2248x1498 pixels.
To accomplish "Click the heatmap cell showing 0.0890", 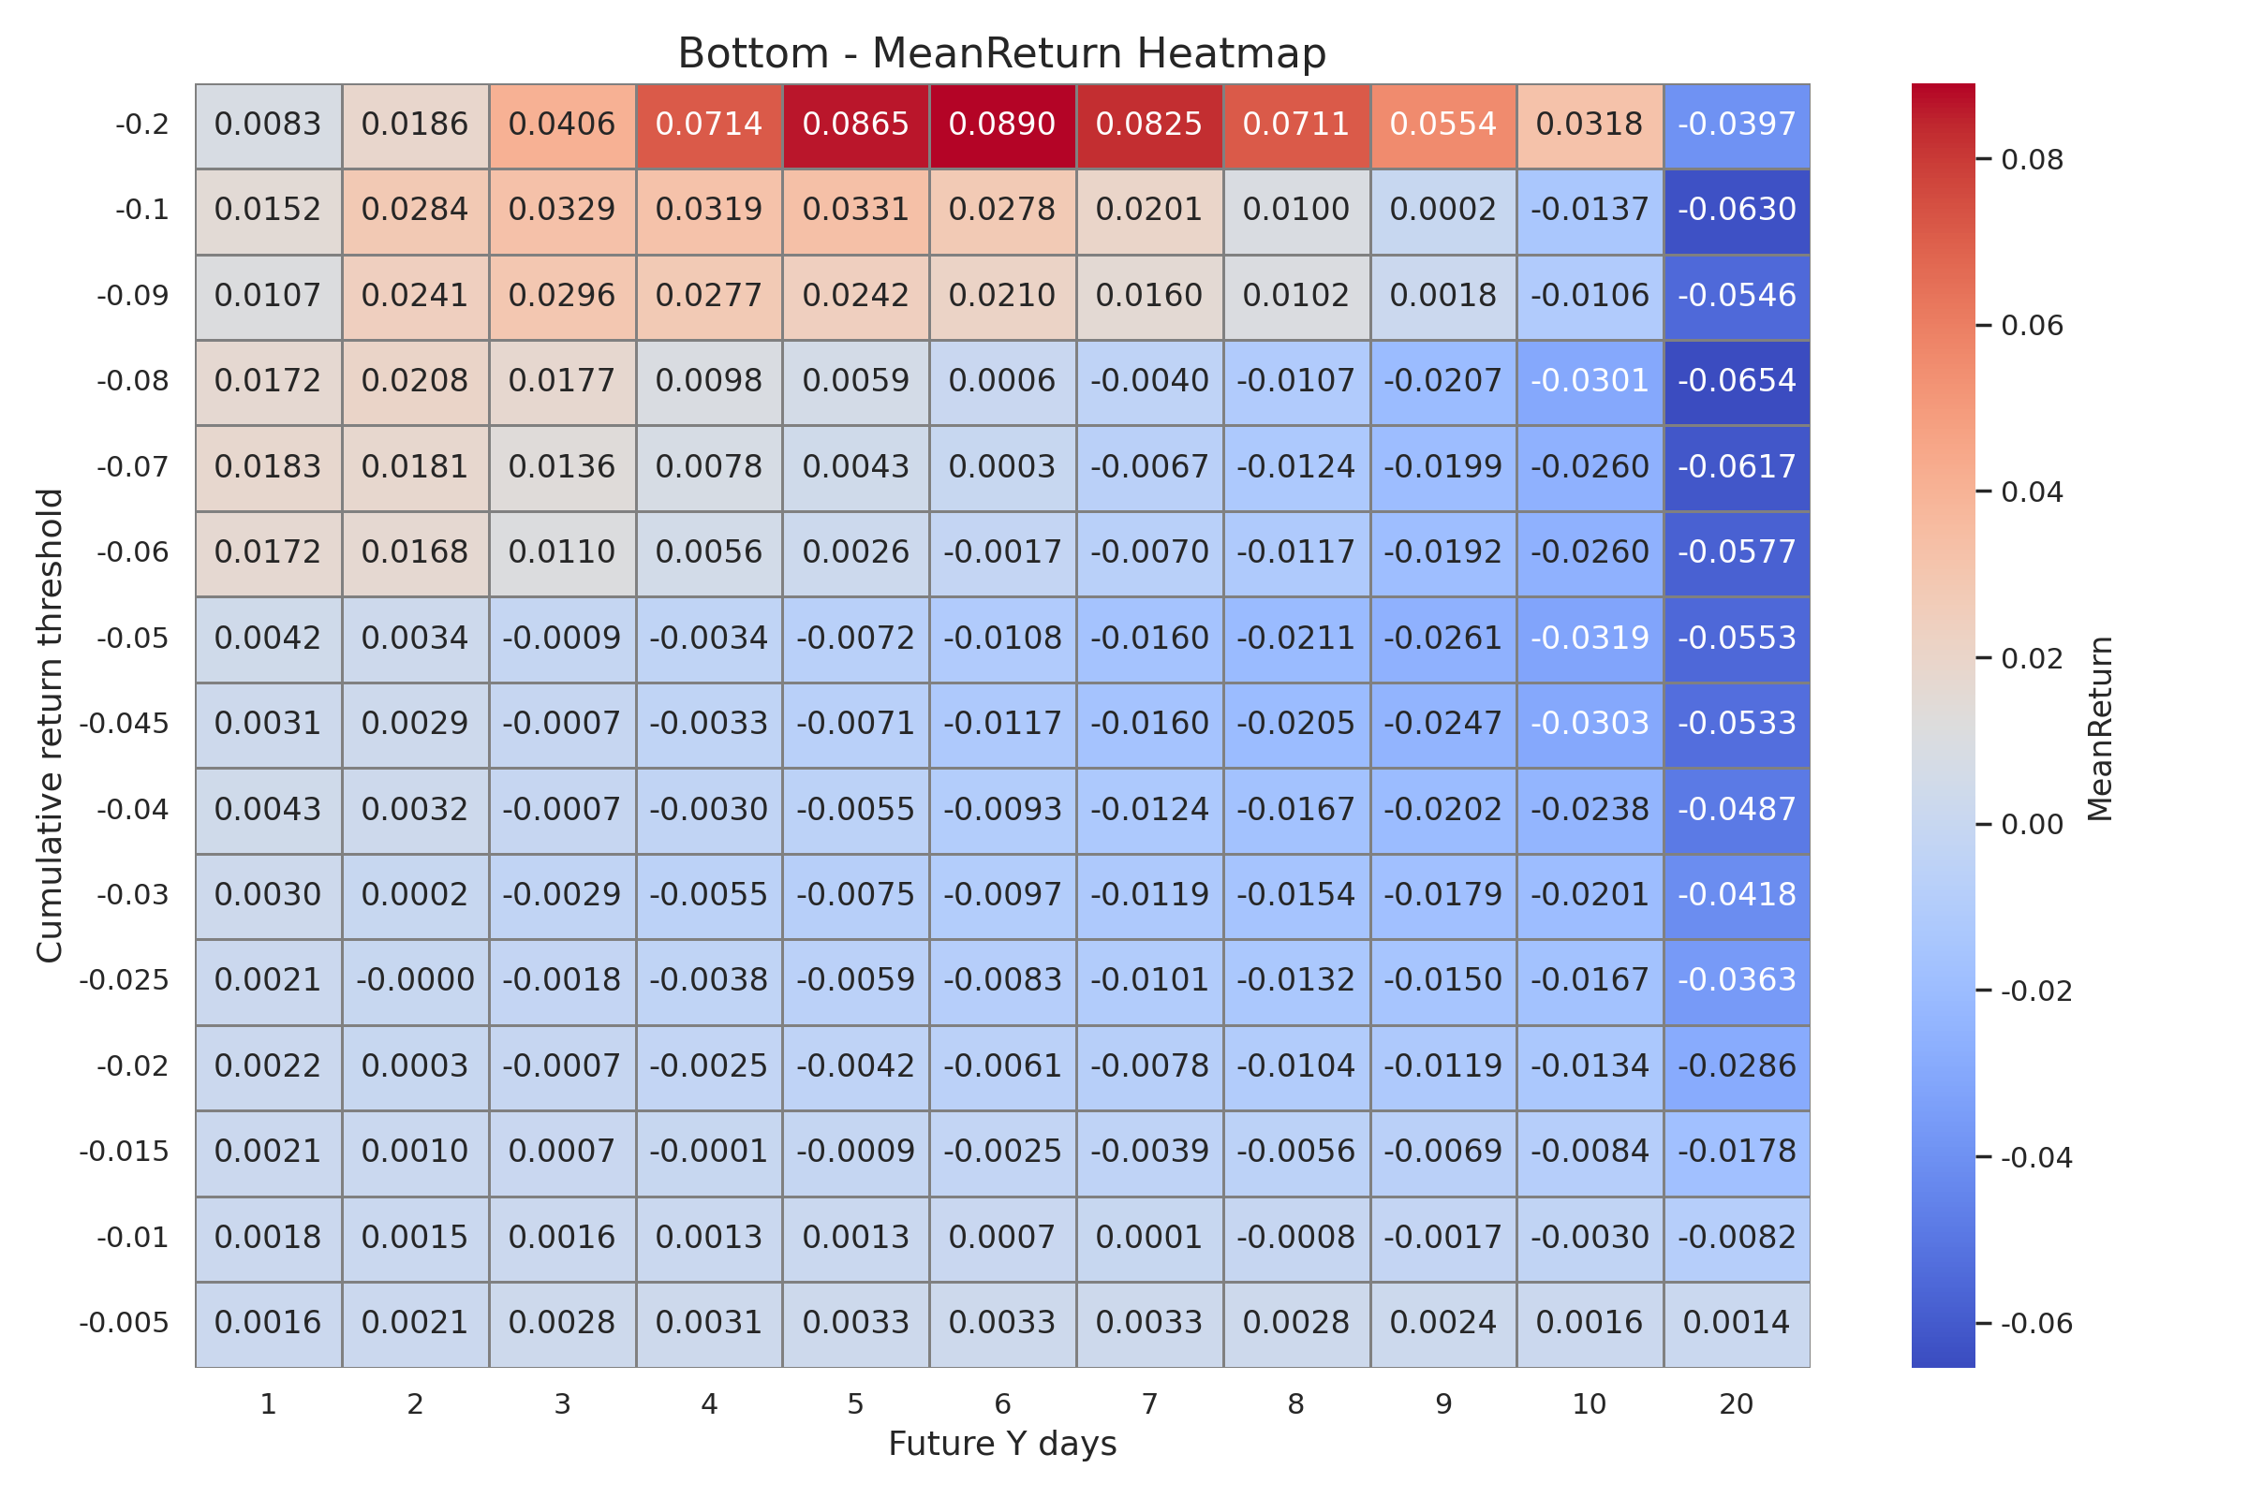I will (x=1001, y=125).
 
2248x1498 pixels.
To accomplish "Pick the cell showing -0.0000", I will (x=415, y=980).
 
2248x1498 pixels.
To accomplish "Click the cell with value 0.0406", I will (x=562, y=125).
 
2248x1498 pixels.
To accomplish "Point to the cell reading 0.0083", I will (x=268, y=125).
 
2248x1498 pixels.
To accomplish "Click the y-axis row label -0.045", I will (x=124, y=724).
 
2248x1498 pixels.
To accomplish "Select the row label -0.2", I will (x=142, y=125).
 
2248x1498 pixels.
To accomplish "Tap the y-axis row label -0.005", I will (x=124, y=1323).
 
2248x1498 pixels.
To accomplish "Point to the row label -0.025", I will (x=124, y=980).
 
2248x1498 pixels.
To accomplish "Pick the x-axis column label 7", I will (x=1149, y=1404).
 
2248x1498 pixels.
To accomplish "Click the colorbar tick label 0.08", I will (x=2032, y=160).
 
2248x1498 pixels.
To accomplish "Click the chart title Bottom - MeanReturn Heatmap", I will (x=1001, y=53).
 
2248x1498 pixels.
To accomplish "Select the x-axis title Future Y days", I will (x=1001, y=1444).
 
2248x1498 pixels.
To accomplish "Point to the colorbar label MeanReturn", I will (x=2100, y=728).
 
